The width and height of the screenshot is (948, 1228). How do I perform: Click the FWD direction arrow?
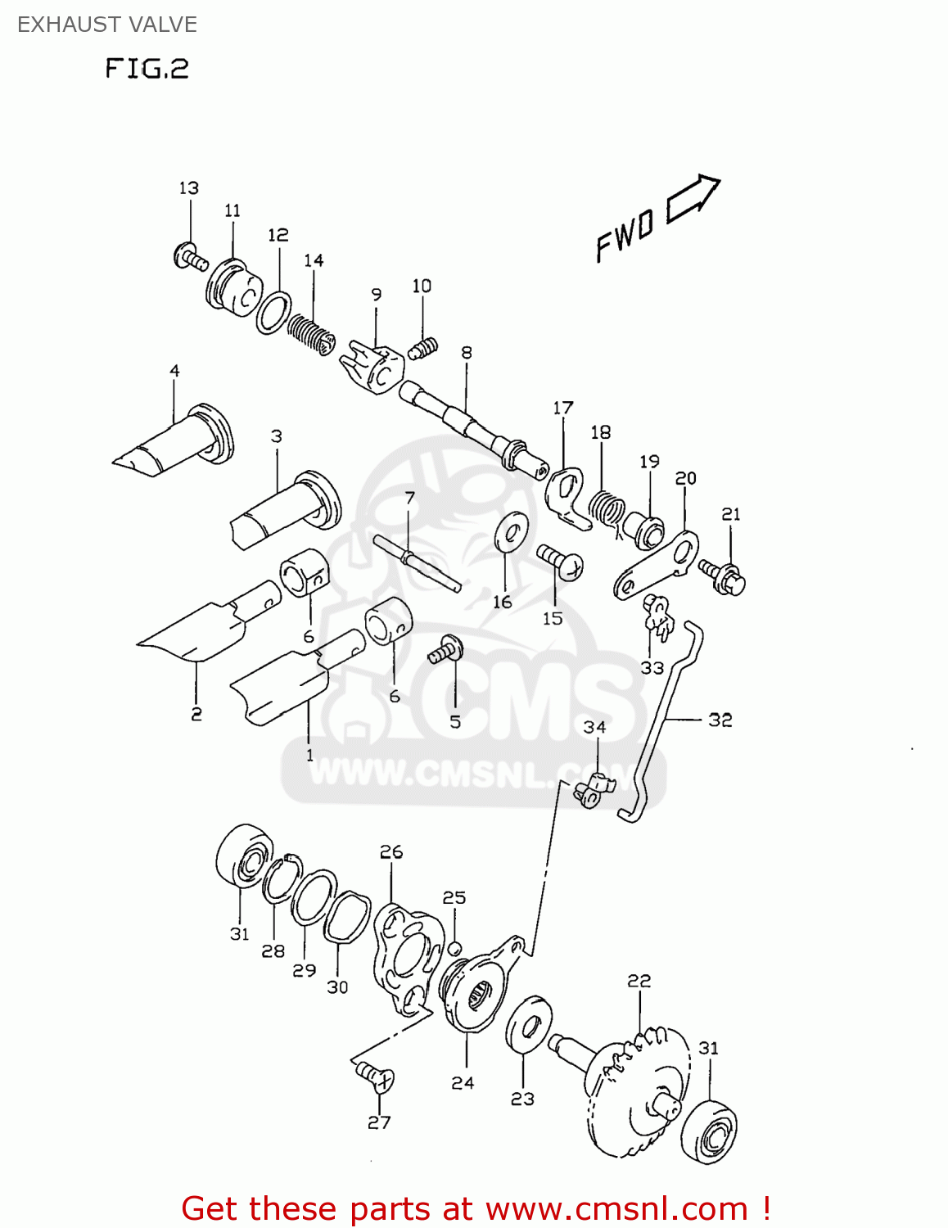click(693, 200)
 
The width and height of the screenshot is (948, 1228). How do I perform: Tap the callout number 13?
click(189, 188)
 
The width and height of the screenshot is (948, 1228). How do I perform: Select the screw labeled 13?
click(191, 257)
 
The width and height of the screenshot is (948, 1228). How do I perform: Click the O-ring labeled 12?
click(273, 312)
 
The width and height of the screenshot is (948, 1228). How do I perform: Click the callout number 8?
click(467, 353)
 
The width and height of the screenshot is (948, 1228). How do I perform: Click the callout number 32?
click(720, 720)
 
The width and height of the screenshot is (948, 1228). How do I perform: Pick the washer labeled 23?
click(528, 1024)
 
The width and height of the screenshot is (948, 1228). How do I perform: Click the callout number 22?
click(639, 981)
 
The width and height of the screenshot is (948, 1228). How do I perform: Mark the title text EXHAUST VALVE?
click(107, 25)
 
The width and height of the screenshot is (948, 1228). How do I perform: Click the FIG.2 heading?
click(147, 68)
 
